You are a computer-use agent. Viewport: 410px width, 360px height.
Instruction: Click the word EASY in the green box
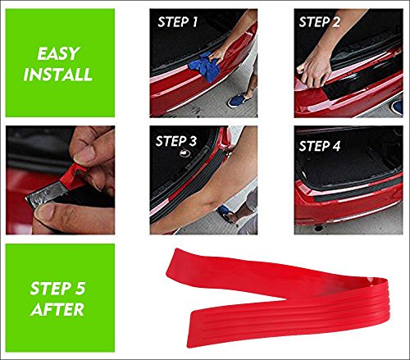[58, 53]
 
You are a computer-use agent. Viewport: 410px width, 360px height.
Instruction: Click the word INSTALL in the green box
[58, 74]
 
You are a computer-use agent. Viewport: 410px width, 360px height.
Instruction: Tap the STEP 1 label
[178, 22]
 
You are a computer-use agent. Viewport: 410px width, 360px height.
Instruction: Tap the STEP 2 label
[320, 22]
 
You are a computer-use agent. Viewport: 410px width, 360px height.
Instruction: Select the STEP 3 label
[176, 141]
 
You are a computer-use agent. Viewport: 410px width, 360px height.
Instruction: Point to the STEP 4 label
[320, 146]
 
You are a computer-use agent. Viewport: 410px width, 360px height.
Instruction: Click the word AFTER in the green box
[57, 309]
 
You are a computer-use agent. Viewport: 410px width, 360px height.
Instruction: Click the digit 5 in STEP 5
[80, 289]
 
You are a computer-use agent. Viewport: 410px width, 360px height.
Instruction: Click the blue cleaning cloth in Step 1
[205, 67]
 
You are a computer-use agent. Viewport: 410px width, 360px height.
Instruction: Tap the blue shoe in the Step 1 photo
[237, 100]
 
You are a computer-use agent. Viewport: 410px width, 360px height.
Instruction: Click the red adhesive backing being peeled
[72, 176]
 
